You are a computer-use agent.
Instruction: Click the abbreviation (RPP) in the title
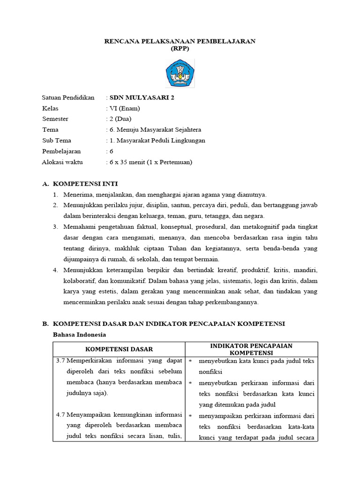(x=180, y=49)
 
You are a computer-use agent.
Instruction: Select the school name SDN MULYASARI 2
(x=138, y=97)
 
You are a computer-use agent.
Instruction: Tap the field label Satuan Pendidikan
(x=68, y=97)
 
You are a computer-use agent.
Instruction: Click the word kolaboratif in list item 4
(x=80, y=281)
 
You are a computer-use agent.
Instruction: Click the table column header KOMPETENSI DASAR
(x=119, y=349)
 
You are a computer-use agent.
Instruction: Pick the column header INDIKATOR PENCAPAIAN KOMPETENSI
(x=251, y=349)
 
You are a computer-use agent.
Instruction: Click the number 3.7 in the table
(x=60, y=361)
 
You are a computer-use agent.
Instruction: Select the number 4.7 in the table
(x=60, y=416)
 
